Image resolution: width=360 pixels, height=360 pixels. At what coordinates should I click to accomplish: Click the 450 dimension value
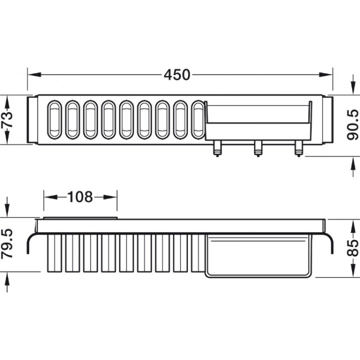pyautogui.click(x=177, y=74)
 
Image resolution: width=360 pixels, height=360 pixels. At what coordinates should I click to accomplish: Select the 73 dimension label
pyautogui.click(x=7, y=119)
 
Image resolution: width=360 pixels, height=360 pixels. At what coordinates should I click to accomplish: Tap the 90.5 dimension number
pyautogui.click(x=352, y=124)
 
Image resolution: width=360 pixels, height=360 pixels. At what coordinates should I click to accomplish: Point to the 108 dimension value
pyautogui.click(x=80, y=197)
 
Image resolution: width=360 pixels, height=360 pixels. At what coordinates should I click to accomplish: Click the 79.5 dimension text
pyautogui.click(x=7, y=244)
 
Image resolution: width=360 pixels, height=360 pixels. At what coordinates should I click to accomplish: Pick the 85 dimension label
pyautogui.click(x=352, y=248)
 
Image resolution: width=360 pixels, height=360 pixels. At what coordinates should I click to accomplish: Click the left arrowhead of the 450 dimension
pyautogui.click(x=34, y=74)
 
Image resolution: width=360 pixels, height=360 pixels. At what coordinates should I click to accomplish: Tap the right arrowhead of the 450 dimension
pyautogui.click(x=326, y=74)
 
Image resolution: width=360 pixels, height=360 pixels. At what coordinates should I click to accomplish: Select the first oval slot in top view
pyautogui.click(x=54, y=119)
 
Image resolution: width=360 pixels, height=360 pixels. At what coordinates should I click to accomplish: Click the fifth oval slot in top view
pyautogui.click(x=126, y=119)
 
